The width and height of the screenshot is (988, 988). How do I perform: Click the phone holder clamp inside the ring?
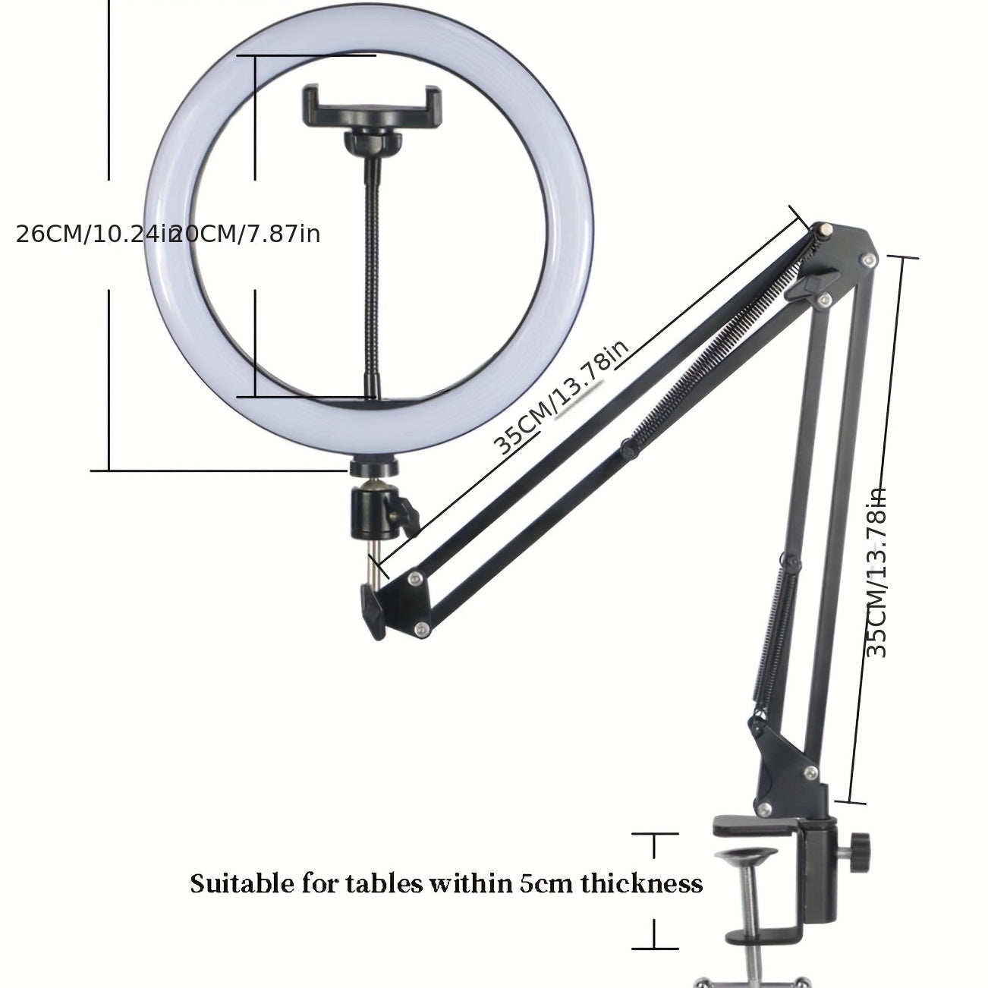372,106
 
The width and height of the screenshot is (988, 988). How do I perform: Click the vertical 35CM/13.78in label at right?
876,573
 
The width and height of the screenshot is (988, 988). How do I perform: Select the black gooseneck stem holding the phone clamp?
373,266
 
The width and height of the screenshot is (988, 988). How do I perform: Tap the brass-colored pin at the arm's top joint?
824,228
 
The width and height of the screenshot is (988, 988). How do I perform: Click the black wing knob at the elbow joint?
809,288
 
